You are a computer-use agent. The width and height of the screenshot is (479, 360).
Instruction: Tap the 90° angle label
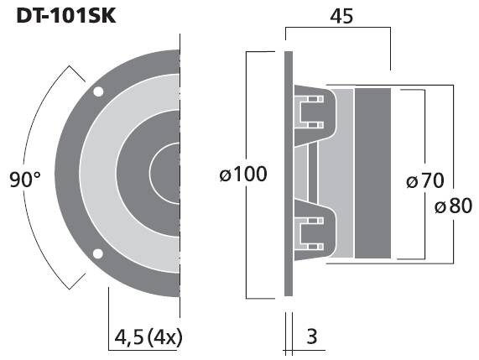[x=25, y=180]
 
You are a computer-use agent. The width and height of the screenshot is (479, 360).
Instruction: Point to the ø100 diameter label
[x=242, y=175]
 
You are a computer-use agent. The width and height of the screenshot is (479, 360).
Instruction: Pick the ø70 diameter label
[x=424, y=181]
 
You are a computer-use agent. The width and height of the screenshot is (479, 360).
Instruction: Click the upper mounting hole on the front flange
[x=99, y=91]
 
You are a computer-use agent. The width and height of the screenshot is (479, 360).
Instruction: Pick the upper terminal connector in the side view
[x=309, y=111]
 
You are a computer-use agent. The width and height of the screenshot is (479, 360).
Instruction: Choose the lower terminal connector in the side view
[x=309, y=232]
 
